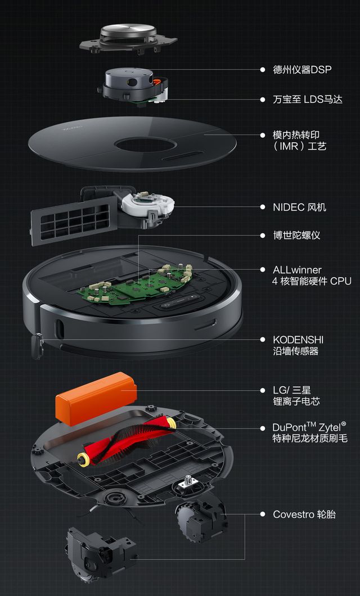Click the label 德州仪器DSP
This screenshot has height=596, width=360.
tap(302, 70)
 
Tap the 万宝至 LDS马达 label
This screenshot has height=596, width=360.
tap(308, 100)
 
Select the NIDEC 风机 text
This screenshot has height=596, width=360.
tap(299, 207)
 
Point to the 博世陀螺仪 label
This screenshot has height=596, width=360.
tap(296, 235)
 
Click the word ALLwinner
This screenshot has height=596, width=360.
tap(297, 270)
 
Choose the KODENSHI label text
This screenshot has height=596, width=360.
tap(298, 340)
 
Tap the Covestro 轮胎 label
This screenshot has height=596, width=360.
tap(304, 514)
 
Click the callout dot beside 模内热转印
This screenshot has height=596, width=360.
tap(262, 135)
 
